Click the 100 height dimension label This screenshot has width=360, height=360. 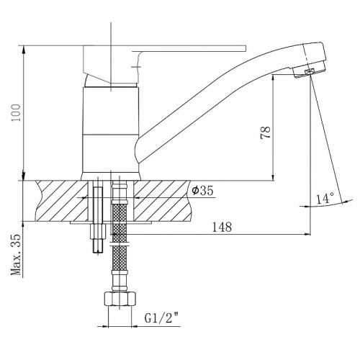(16, 113)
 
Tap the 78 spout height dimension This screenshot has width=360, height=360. (266, 132)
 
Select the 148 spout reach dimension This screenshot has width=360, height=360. (222, 227)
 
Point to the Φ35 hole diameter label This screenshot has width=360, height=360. (202, 191)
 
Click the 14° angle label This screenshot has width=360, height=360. (325, 199)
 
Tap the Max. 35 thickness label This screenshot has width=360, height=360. (16, 255)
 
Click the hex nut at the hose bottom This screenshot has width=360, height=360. (120, 299)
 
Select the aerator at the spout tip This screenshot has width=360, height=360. (309, 72)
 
